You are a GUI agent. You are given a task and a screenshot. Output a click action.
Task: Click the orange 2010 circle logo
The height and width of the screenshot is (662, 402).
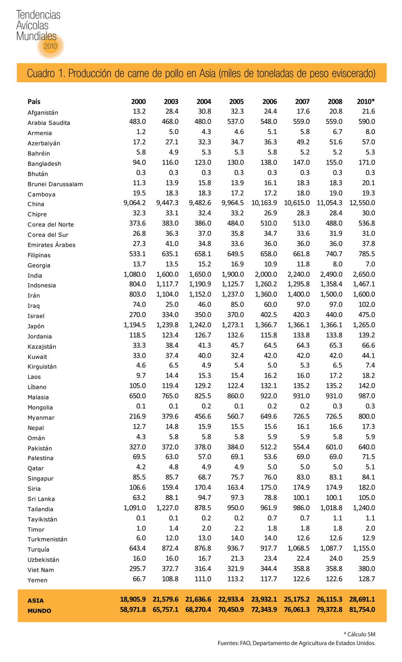click(50, 46)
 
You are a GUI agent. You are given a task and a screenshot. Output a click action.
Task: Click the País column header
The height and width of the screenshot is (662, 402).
click(34, 101)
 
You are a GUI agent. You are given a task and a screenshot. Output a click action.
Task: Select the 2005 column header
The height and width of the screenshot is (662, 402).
click(236, 101)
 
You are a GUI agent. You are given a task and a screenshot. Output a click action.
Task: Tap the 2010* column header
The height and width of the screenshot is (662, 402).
click(365, 101)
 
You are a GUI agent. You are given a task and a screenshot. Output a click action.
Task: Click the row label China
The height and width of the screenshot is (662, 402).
click(36, 204)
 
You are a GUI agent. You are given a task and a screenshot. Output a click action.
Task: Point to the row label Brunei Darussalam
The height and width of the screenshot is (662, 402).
click(55, 184)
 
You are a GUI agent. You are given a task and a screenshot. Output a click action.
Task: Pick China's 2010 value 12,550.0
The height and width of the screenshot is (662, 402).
click(362, 203)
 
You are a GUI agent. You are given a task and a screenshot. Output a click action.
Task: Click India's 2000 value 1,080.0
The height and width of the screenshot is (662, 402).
click(134, 274)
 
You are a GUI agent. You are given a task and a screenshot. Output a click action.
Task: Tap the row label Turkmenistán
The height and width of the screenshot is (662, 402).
click(48, 539)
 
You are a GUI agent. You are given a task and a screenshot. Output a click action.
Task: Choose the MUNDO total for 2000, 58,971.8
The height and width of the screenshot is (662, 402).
click(133, 609)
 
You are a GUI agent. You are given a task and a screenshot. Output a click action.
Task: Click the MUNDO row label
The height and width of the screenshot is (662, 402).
click(39, 611)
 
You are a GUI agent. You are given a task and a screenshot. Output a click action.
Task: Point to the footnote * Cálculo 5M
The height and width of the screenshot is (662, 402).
click(359, 634)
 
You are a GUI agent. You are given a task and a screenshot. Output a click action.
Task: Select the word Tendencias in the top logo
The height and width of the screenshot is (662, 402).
click(38, 15)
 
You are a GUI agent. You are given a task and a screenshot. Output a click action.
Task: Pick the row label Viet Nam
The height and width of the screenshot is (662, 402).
click(41, 570)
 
